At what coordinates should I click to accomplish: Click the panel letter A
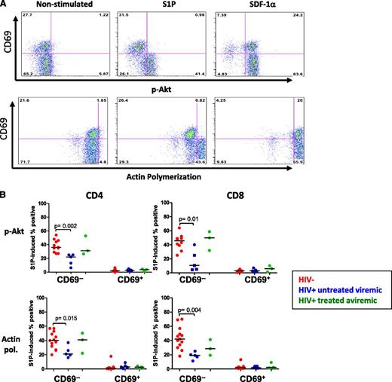pos(5,5)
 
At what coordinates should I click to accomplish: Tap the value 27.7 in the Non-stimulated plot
pos(27,14)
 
